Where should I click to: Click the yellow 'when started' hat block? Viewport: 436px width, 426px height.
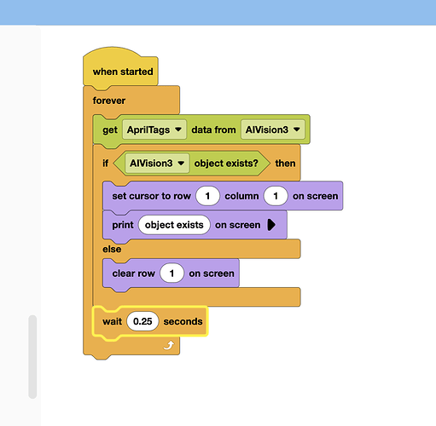click(120, 68)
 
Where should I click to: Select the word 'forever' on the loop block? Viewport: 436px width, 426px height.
click(109, 101)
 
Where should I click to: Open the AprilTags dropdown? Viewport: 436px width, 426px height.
click(154, 130)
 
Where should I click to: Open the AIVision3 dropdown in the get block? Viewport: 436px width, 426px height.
click(273, 130)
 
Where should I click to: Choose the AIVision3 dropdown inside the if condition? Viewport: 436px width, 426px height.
click(157, 164)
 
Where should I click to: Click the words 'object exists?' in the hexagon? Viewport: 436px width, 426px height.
click(226, 164)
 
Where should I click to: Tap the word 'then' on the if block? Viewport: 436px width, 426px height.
click(285, 164)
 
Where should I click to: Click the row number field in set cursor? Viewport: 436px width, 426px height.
click(207, 196)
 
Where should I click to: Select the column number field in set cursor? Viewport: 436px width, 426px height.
click(276, 196)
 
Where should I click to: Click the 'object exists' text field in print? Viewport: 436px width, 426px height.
click(174, 225)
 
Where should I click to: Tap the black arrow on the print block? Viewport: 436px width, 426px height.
click(271, 225)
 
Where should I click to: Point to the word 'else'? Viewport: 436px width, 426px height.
click(112, 249)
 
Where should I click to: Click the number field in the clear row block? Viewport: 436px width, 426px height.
click(171, 273)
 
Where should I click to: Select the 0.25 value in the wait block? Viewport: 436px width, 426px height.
click(142, 321)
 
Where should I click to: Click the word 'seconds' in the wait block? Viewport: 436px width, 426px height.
click(183, 321)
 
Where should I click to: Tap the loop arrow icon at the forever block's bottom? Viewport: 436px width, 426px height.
click(169, 346)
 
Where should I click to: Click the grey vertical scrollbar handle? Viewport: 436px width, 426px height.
click(32, 357)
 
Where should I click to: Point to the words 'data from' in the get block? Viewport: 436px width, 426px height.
click(213, 130)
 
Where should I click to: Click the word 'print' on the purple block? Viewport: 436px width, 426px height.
click(123, 225)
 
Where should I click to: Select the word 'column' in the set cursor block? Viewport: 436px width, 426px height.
click(241, 196)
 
